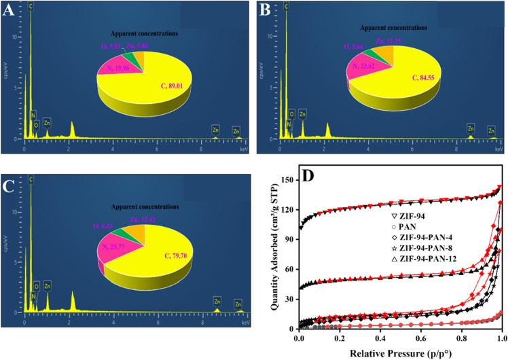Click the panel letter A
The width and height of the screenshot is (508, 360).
10,12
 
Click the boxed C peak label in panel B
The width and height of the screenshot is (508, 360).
287,6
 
